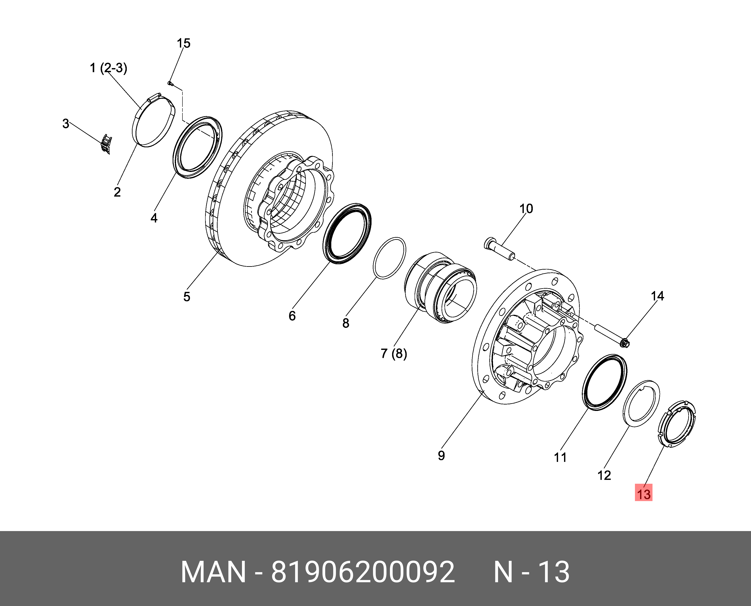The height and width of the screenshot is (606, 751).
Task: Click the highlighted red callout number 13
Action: [644, 494]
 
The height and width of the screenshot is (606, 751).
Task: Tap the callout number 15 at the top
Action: [183, 43]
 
